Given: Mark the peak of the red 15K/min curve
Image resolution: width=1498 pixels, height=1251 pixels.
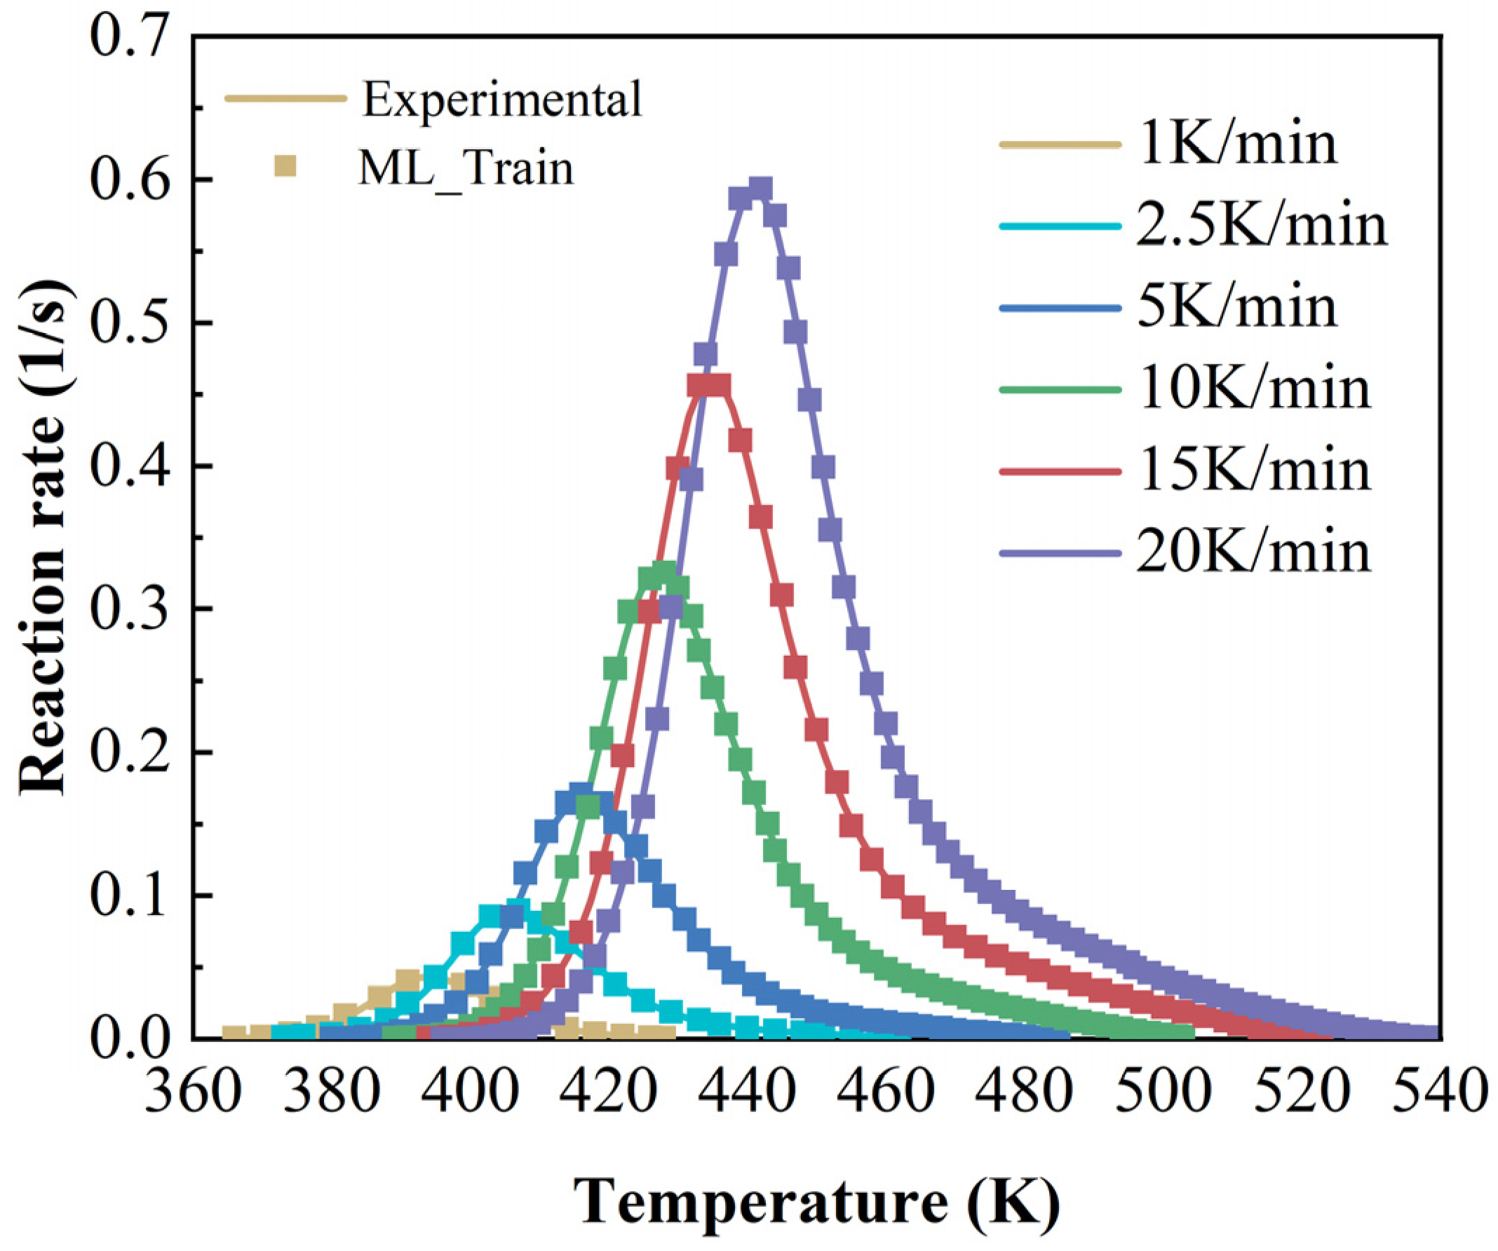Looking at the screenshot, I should click(708, 385).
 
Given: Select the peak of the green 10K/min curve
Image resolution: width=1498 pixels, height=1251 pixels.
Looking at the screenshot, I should click(664, 573).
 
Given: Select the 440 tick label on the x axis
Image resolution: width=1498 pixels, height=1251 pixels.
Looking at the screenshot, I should click(745, 1091).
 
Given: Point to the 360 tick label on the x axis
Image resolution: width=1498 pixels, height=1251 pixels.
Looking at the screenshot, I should click(193, 1091).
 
